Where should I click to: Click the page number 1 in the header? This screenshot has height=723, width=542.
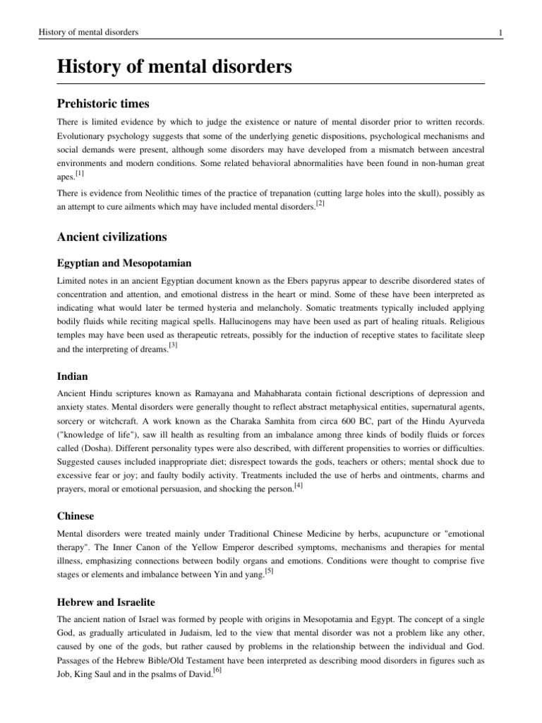tap(500, 33)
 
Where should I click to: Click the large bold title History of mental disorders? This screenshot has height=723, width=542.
tap(174, 68)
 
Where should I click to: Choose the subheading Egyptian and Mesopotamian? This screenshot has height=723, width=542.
tap(124, 263)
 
